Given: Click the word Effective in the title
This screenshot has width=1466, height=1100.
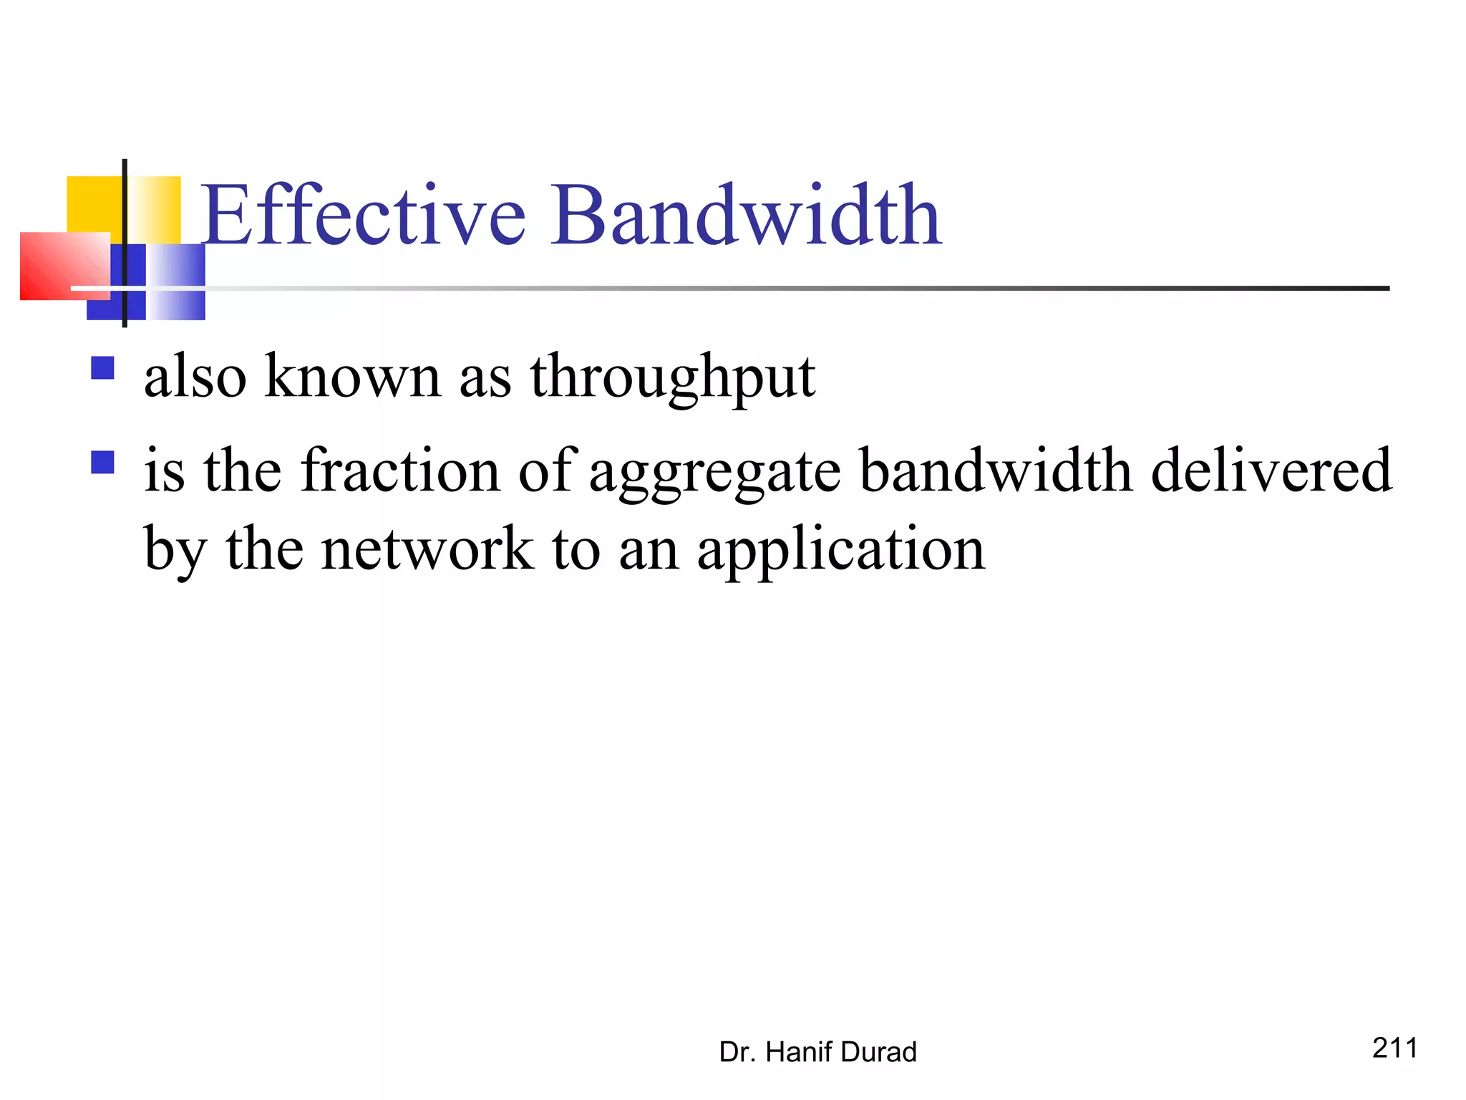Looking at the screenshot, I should (x=365, y=215).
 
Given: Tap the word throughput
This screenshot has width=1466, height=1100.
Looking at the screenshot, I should (x=672, y=377).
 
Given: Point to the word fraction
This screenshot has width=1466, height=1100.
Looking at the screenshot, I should (x=400, y=471).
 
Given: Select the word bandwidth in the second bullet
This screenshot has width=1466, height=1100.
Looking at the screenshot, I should (x=996, y=471).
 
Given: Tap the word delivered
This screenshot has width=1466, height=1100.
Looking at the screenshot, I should (x=1271, y=471).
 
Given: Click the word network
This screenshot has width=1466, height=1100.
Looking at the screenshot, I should (x=427, y=549).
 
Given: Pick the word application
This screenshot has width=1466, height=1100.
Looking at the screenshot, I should (x=841, y=551).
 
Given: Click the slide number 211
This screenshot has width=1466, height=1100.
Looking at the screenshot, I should (x=1394, y=1048).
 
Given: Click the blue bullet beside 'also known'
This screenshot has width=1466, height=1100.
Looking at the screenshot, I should (x=103, y=368).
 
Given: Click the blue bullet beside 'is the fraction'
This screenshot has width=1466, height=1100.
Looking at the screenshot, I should (x=103, y=462).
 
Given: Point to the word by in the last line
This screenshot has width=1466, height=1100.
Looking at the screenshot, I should (x=175, y=551).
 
